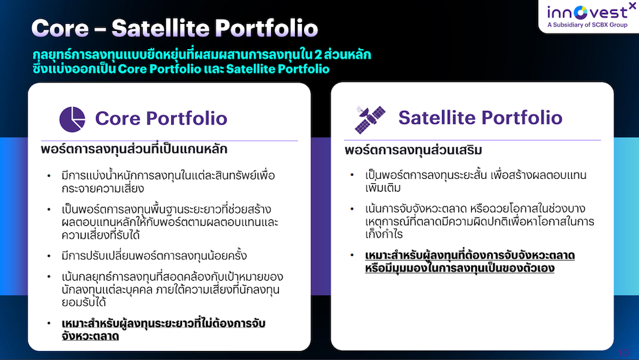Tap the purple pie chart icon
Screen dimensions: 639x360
(x=72, y=119)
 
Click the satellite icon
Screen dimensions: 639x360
(x=370, y=119)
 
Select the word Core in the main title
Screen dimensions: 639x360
(x=60, y=28)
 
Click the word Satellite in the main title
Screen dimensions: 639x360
(x=161, y=28)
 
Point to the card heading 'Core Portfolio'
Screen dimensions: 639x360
(x=161, y=119)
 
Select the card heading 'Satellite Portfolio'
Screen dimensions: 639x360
(x=480, y=117)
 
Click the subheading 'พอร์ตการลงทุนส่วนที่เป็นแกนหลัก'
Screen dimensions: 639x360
(x=134, y=149)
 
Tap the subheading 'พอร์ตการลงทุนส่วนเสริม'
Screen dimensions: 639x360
(x=413, y=150)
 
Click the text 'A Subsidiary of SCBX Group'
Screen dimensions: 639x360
(x=587, y=25)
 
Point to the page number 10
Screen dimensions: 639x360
(x=624, y=352)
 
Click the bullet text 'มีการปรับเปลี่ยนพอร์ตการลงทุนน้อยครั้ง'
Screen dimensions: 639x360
(x=154, y=255)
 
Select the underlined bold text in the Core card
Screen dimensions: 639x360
(x=163, y=330)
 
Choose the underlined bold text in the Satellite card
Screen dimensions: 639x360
(x=470, y=261)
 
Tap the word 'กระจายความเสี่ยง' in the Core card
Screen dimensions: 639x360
(x=103, y=188)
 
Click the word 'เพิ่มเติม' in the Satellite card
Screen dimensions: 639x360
(x=383, y=188)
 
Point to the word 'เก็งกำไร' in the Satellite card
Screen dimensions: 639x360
(x=384, y=234)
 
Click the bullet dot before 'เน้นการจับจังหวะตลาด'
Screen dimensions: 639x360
(x=352, y=209)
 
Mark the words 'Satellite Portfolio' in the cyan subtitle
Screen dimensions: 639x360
(x=278, y=69)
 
